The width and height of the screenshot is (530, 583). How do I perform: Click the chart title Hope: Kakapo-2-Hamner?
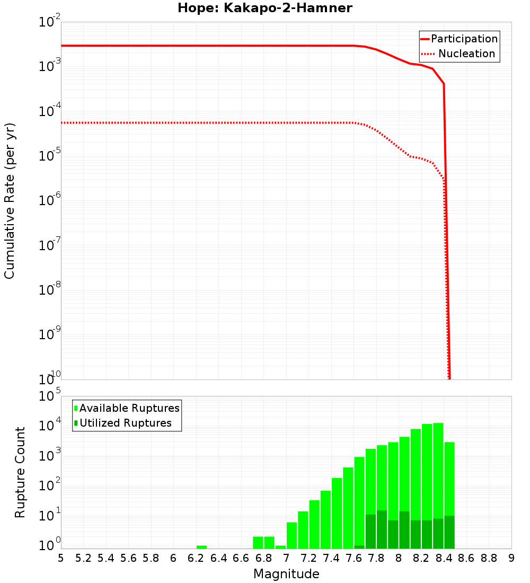click(x=265, y=8)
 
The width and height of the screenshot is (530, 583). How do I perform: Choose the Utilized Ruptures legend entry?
click(x=125, y=423)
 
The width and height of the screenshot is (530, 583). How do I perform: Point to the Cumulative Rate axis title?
click(x=10, y=200)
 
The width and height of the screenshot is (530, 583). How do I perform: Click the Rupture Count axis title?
click(x=20, y=472)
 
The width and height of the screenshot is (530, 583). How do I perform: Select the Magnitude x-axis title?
click(x=286, y=574)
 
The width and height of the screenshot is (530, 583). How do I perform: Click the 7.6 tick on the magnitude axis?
click(x=354, y=558)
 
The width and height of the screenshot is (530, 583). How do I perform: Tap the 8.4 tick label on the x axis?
click(x=444, y=558)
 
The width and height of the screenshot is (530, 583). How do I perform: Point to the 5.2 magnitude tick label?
click(x=84, y=558)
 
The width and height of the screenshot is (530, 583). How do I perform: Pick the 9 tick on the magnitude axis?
click(x=511, y=558)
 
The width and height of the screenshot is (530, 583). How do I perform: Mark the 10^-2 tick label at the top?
click(x=49, y=23)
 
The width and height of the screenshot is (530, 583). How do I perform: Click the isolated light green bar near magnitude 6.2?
click(x=201, y=547)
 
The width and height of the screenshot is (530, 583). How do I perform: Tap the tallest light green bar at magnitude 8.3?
click(x=438, y=466)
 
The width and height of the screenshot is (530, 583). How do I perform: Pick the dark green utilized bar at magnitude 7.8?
click(x=382, y=530)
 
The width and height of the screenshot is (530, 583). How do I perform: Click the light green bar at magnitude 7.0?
click(x=292, y=535)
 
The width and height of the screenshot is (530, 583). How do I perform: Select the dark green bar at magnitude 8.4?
click(x=449, y=532)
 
